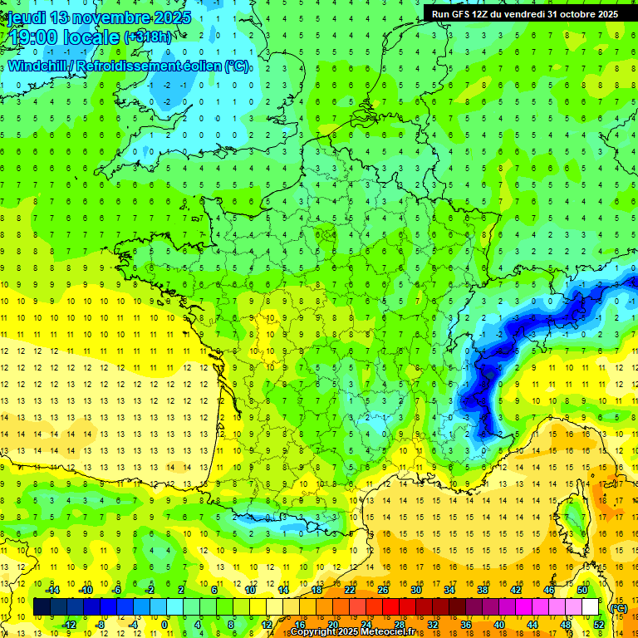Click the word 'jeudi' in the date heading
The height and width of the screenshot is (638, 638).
[26, 17]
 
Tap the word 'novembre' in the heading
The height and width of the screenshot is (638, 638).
[113, 17]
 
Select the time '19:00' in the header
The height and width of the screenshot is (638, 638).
[38, 38]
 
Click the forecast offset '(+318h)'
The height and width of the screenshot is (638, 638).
[150, 37]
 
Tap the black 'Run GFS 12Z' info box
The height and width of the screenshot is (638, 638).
[524, 13]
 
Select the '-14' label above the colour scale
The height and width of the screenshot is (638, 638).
[56, 590]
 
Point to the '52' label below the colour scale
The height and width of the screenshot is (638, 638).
[599, 625]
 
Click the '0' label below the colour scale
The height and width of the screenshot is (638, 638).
[164, 625]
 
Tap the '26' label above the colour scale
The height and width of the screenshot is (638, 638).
[383, 590]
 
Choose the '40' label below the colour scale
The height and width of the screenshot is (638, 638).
[499, 625]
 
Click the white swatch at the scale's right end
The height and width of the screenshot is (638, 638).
[590, 607]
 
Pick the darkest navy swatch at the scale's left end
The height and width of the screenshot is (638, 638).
[41, 607]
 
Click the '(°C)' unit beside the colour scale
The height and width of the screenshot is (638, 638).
[618, 607]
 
